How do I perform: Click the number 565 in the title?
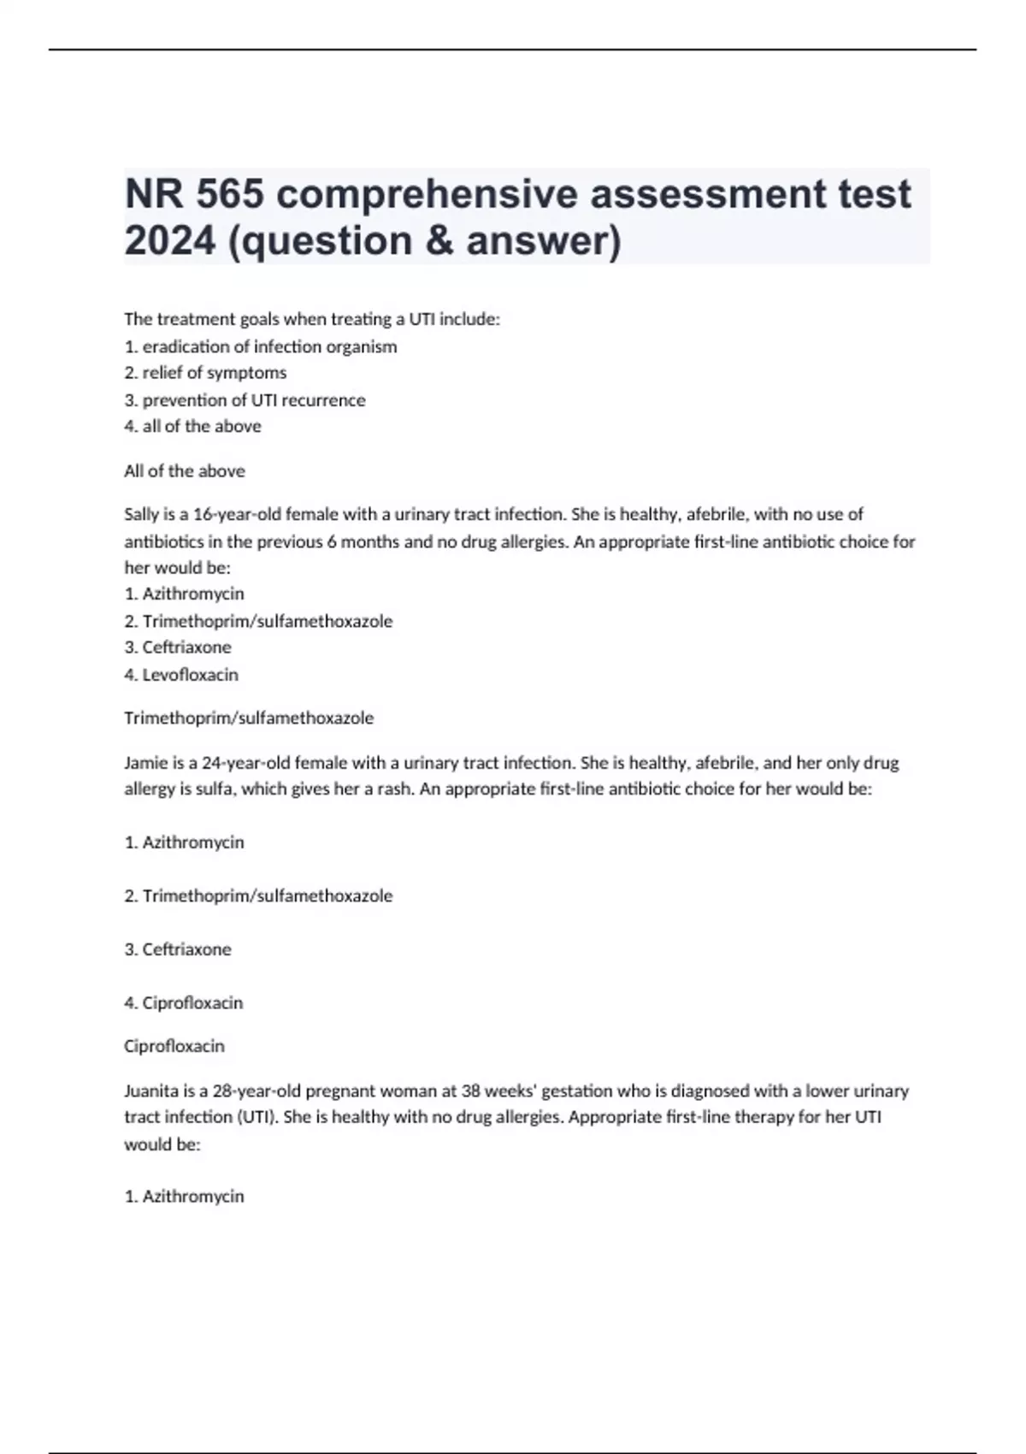(x=229, y=193)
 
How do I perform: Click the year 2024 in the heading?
(x=169, y=240)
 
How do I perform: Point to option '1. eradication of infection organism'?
(x=261, y=346)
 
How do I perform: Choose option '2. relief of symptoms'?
(x=205, y=373)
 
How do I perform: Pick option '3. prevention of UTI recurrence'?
(x=245, y=399)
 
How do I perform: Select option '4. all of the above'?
(x=192, y=426)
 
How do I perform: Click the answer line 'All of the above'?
(x=185, y=470)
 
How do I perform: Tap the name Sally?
(x=142, y=514)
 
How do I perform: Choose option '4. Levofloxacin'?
(x=181, y=674)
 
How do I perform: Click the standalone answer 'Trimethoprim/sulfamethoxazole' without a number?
(x=249, y=718)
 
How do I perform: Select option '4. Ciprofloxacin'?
(x=184, y=1002)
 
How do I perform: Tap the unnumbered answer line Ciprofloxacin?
(x=174, y=1046)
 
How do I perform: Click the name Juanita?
(x=150, y=1090)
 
